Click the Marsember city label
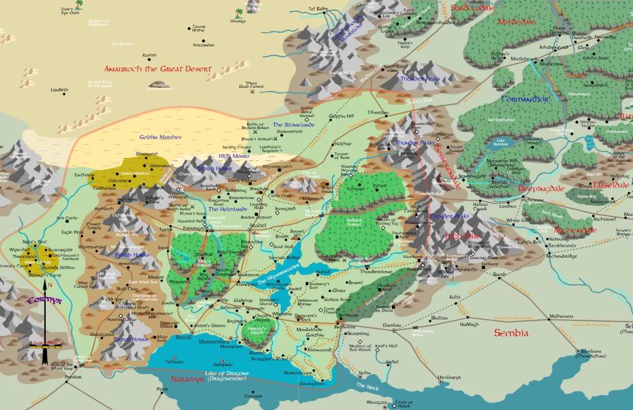click(213, 339)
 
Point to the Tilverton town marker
click(386, 114)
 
